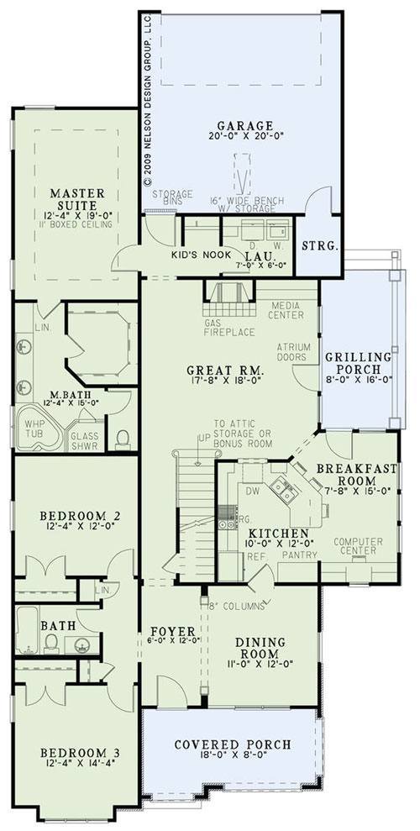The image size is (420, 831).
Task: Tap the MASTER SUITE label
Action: [76, 198]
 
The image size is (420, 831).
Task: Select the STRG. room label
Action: [320, 246]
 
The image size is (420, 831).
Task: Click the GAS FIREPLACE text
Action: [229, 328]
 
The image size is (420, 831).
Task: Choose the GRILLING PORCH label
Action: [358, 364]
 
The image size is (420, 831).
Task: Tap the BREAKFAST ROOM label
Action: [358, 476]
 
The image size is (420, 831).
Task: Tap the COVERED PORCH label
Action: [233, 744]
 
